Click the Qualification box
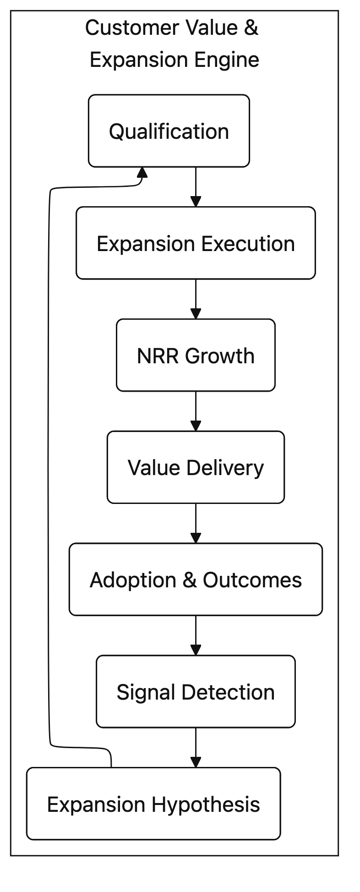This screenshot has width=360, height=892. [169, 131]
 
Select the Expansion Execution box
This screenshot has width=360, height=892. [196, 243]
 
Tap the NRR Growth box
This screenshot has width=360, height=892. [196, 355]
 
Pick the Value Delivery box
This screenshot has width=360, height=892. [196, 467]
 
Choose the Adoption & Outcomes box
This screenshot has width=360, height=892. [196, 579]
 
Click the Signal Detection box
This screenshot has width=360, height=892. [196, 691]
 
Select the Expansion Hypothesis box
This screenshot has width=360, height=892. [153, 804]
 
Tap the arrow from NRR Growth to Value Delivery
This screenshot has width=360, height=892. [196, 410]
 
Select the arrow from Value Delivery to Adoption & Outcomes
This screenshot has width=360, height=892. [196, 523]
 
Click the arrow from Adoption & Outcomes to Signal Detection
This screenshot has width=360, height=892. [196, 635]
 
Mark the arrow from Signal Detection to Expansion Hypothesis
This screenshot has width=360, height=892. [196, 747]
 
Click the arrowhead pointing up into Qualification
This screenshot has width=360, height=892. [142, 173]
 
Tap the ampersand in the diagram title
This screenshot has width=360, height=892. [251, 27]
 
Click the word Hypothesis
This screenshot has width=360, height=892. [206, 804]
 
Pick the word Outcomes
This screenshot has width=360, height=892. [252, 580]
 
